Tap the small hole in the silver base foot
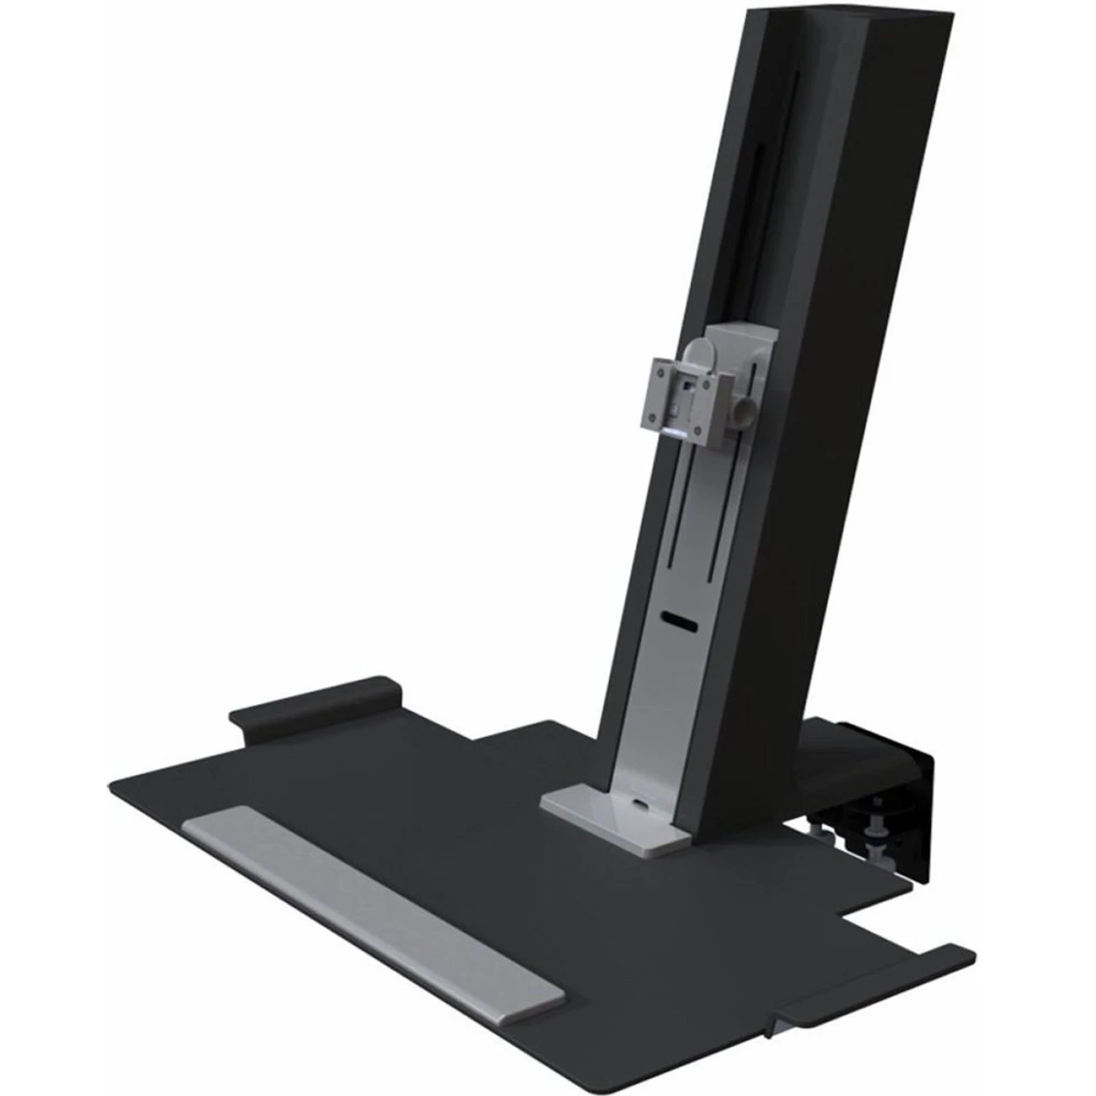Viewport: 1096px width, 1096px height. tap(641, 803)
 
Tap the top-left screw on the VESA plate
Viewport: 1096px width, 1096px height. tap(660, 366)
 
